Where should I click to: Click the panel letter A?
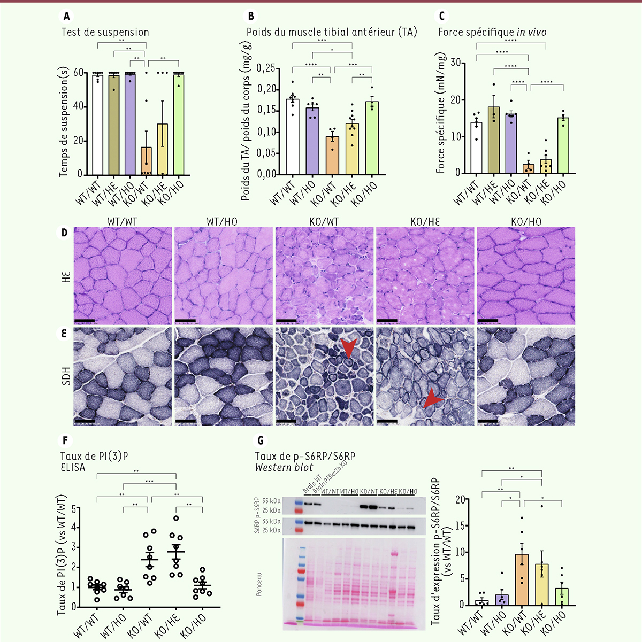(x=66, y=17)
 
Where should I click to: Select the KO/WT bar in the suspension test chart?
(x=146, y=160)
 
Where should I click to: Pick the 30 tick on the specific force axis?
(x=455, y=63)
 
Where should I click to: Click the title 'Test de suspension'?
(x=105, y=32)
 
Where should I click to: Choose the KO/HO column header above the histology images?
(x=526, y=221)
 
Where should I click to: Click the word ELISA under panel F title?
(x=73, y=467)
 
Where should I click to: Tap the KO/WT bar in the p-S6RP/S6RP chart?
(x=522, y=579)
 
